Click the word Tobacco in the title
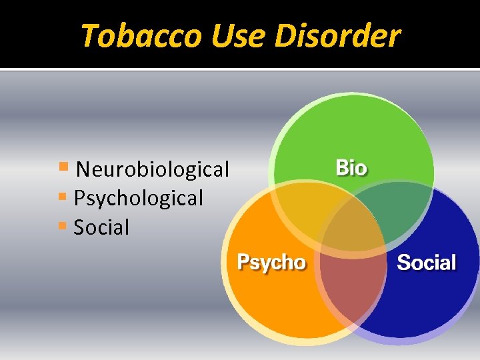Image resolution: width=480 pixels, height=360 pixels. click(x=140, y=35)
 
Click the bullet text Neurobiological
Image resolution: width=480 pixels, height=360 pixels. click(x=153, y=169)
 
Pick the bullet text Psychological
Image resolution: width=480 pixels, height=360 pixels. click(x=139, y=198)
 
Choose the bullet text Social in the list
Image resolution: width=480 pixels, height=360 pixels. click(x=101, y=227)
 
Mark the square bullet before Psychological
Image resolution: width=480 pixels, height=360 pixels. click(x=62, y=196)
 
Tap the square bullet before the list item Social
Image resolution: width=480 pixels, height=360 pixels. click(x=62, y=225)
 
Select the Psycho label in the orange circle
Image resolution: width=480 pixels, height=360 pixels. click(x=272, y=262)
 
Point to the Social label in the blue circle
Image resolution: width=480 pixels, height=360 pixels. click(x=427, y=262)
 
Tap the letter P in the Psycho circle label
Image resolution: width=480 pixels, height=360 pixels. click(x=245, y=262)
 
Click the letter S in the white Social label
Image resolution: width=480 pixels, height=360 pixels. click(x=404, y=262)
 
